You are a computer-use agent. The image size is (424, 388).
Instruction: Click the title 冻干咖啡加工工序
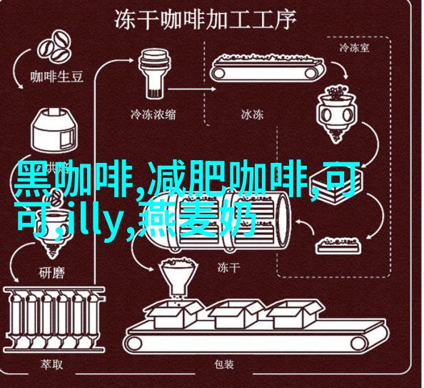(x=206, y=20)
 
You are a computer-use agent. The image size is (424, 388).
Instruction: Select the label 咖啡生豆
(x=57, y=76)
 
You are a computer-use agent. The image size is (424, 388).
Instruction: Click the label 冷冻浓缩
(x=153, y=114)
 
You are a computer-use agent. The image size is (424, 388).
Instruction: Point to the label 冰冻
(x=252, y=114)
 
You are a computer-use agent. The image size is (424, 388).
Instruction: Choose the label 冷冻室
(x=354, y=48)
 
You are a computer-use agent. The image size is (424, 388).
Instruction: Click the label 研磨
(x=52, y=272)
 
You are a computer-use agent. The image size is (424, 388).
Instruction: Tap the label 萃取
(x=52, y=364)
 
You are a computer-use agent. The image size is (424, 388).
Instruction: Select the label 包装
(x=224, y=364)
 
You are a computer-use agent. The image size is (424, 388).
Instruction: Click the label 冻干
(x=228, y=268)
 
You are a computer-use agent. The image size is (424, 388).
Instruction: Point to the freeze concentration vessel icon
(x=155, y=74)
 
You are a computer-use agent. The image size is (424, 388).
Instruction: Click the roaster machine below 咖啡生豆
(x=54, y=130)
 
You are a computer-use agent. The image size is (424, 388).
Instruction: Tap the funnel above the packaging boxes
(x=177, y=279)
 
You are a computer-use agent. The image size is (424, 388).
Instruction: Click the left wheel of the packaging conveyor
(x=134, y=344)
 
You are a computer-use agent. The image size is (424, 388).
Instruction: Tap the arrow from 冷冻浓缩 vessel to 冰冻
(x=192, y=89)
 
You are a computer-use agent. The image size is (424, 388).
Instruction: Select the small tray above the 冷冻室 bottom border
(x=338, y=245)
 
